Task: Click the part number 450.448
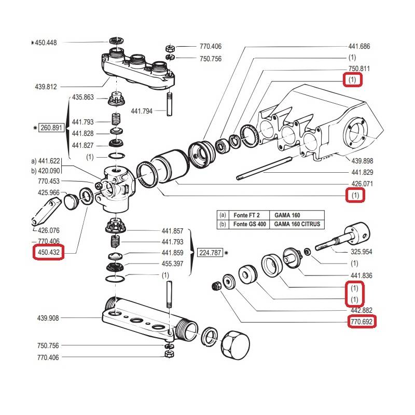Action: point(46,43)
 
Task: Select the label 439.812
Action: point(46,86)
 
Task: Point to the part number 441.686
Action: point(359,46)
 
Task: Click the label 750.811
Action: point(359,68)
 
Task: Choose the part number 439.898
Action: point(363,161)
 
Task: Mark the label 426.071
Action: point(363,184)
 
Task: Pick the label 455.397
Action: point(173,264)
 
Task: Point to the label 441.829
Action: point(363,172)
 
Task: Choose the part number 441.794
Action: point(142,110)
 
